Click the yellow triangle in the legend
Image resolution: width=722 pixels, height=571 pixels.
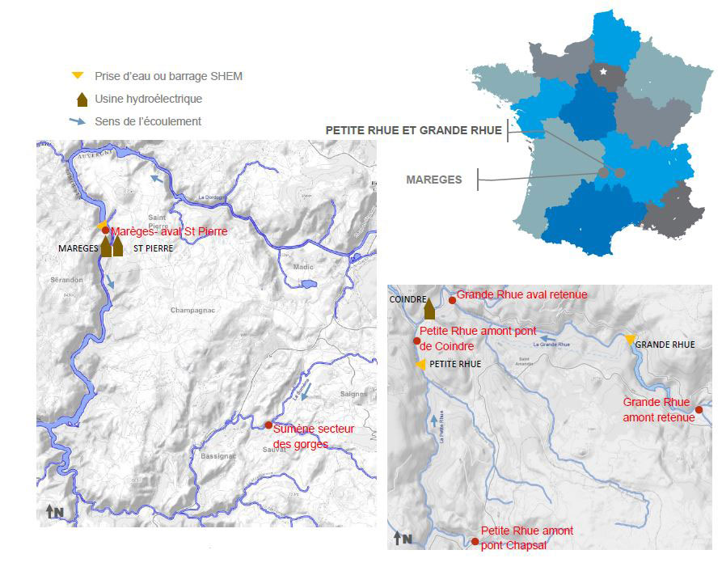tap(78, 76)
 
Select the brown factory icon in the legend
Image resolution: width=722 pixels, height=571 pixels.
tap(81, 99)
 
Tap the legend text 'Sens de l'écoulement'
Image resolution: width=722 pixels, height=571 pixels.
tap(147, 121)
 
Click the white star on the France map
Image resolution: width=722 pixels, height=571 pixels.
tap(605, 72)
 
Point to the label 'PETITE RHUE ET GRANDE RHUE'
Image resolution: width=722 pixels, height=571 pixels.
tap(413, 129)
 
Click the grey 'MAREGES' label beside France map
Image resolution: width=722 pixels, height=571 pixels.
tap(434, 180)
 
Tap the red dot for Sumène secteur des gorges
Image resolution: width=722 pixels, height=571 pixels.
tap(268, 425)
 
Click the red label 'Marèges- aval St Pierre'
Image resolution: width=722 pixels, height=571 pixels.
tap(169, 231)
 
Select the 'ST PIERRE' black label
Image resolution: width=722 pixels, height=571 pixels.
tap(153, 248)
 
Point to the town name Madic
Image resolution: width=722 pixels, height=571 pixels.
tap(304, 266)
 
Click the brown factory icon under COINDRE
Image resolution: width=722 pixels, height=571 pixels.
tap(429, 309)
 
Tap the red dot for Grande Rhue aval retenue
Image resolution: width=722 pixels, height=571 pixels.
tap(452, 300)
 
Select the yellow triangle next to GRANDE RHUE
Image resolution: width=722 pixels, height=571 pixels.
tap(630, 339)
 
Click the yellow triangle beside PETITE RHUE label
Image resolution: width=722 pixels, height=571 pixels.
tap(420, 365)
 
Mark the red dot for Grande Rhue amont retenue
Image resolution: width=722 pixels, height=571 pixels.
tap(699, 409)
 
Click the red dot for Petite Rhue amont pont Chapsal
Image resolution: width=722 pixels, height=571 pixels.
tap(475, 540)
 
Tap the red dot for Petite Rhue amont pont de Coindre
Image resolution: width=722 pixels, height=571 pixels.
tap(416, 340)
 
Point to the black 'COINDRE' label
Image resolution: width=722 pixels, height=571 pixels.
tap(407, 299)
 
